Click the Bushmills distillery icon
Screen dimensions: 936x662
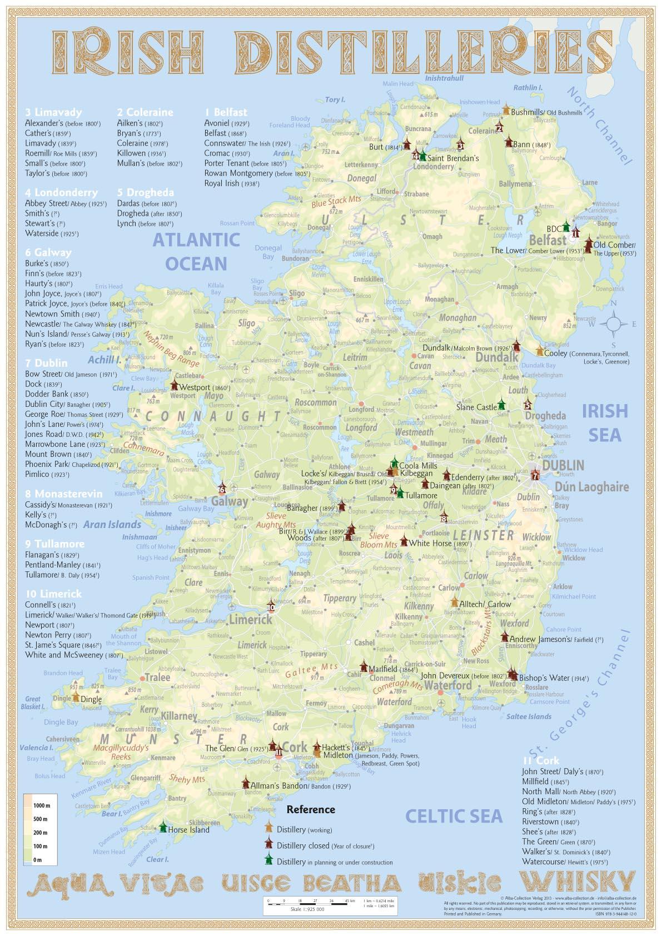coord(506,108)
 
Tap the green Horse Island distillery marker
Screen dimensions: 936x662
coord(163,828)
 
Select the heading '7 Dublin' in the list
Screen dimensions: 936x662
coord(46,363)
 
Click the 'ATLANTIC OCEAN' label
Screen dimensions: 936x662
coord(196,251)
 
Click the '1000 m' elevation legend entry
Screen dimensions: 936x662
coord(41,805)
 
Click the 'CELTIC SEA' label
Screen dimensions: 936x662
coord(454,815)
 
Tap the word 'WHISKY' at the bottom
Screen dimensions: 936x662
coord(576,882)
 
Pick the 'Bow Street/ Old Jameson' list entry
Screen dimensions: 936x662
coord(69,374)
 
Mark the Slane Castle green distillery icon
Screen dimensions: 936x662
coord(502,403)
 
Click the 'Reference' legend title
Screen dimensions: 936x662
coord(310,809)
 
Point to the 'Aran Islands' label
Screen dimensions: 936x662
coord(112,524)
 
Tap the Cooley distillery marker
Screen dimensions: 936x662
coord(539,350)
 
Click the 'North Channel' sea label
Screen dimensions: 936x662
coord(600,126)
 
